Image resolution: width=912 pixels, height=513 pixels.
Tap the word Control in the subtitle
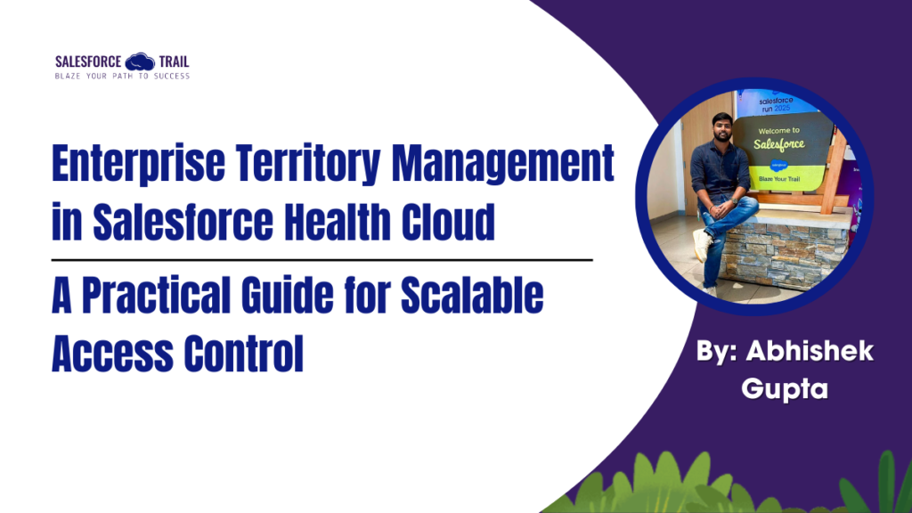pos(243,354)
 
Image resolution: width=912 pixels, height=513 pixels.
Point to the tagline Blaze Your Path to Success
pos(122,76)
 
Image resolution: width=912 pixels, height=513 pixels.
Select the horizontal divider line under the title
pos(322,260)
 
